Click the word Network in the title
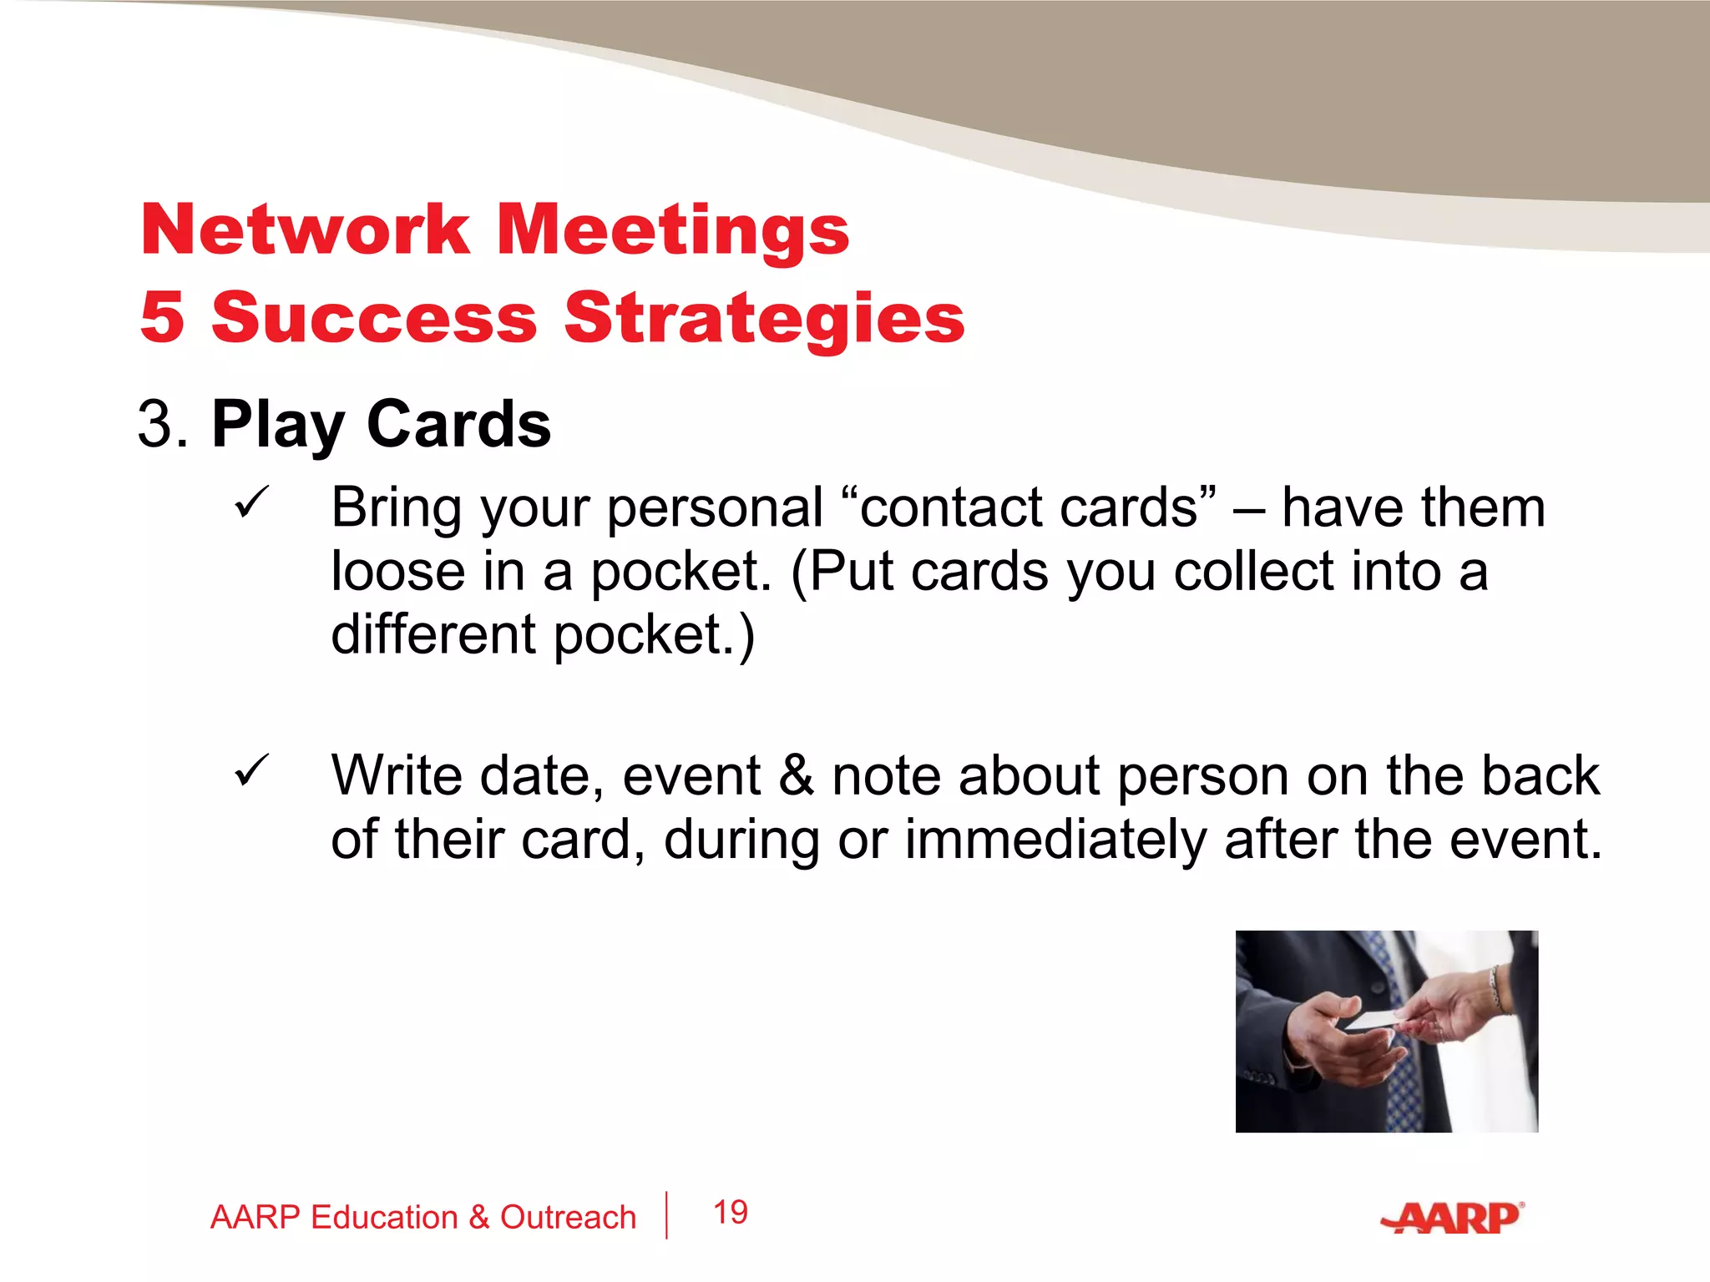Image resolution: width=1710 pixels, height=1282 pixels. [306, 230]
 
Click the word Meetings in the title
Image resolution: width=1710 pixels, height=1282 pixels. [673, 232]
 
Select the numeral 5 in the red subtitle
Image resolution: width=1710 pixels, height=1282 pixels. [162, 317]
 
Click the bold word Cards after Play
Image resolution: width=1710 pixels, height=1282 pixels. [458, 425]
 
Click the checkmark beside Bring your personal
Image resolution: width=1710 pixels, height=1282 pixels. [250, 503]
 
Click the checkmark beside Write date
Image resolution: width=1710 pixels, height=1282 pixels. [250, 770]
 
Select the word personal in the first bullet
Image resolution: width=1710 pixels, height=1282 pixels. [715, 509]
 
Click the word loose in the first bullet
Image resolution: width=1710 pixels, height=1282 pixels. [397, 572]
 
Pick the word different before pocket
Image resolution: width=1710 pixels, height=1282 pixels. [433, 635]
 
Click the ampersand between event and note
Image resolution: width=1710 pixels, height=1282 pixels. [796, 776]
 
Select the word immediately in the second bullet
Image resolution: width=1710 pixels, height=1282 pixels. [1055, 840]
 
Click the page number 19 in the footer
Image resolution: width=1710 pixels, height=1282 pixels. [731, 1213]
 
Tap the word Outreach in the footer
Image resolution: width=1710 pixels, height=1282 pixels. [568, 1218]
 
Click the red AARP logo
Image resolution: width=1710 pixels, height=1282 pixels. [1452, 1219]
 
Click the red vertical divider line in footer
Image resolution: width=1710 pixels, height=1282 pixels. [666, 1215]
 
